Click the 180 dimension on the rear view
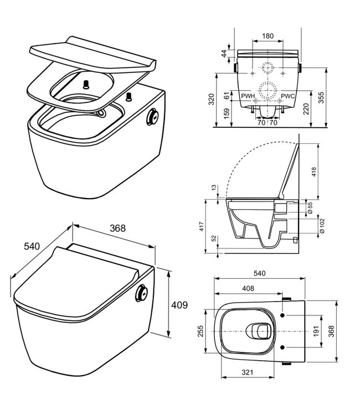pyautogui.click(x=267, y=36)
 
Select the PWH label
pyautogui.click(x=247, y=96)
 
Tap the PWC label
pyautogui.click(x=287, y=96)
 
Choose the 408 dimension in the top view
pyautogui.click(x=249, y=288)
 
